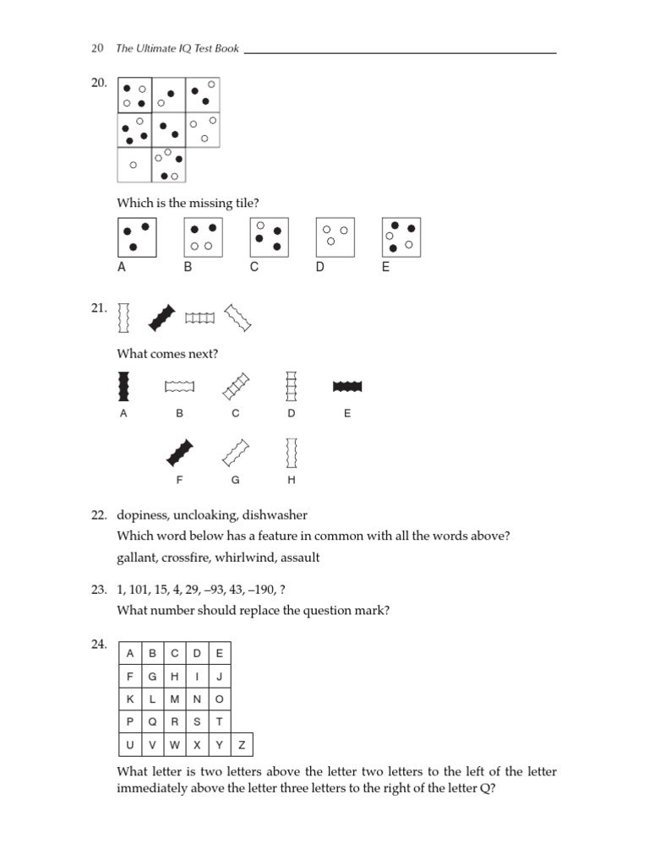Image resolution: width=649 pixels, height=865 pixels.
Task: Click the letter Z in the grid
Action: [x=241, y=745]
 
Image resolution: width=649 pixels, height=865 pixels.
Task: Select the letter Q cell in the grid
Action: [x=152, y=721]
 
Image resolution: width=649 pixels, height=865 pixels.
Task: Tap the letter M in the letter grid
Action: [x=174, y=699]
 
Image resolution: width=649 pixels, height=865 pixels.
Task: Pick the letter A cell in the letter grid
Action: [x=129, y=653]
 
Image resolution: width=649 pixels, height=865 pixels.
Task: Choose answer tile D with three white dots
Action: [x=335, y=237]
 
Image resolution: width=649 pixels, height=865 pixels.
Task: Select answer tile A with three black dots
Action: [x=137, y=237]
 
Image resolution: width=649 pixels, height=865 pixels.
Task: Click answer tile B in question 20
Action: [x=203, y=237]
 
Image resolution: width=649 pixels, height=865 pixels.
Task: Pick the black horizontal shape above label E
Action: [x=347, y=386]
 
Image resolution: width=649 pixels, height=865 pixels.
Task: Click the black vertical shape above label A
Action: [x=123, y=386]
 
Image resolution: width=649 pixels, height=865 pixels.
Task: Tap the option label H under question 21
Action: [x=292, y=480]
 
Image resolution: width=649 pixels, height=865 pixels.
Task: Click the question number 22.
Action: [x=98, y=514]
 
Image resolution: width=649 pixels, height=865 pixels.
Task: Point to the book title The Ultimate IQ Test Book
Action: [x=177, y=49]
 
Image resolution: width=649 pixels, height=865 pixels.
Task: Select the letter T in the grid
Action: [x=219, y=721]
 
